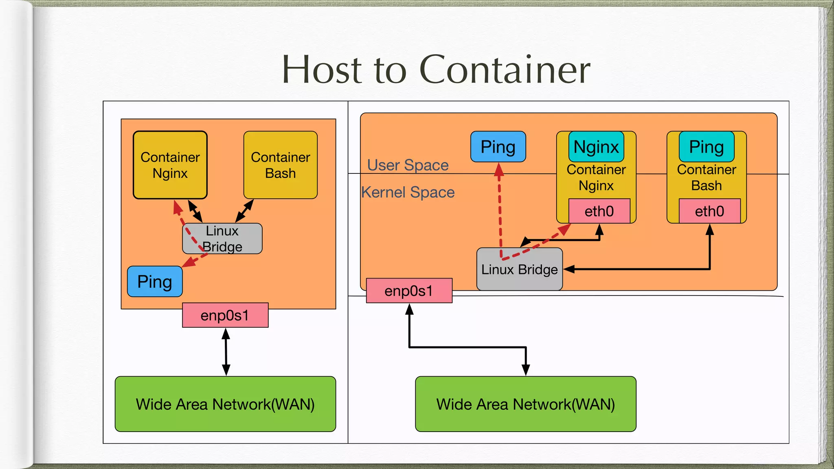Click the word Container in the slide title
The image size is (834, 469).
click(x=505, y=70)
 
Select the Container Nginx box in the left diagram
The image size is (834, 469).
click(x=170, y=165)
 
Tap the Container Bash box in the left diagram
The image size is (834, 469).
click(x=280, y=165)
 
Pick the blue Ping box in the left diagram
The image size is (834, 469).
click(x=155, y=282)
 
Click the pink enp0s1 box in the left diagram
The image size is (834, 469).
click(x=225, y=315)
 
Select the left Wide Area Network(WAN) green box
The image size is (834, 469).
click(x=225, y=404)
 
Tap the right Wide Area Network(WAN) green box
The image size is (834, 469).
click(x=525, y=404)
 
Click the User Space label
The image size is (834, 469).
click(x=408, y=165)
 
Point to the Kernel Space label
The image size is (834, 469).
click(x=408, y=192)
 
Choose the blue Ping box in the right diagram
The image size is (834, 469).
click(x=498, y=147)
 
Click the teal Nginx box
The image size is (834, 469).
click(x=596, y=147)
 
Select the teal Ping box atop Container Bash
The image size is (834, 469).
click(x=707, y=147)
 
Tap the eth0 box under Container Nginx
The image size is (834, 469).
click(x=599, y=211)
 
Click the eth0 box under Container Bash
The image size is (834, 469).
click(x=709, y=211)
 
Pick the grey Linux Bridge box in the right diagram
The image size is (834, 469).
click(x=520, y=270)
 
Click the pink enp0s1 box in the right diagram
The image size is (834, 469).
click(x=409, y=291)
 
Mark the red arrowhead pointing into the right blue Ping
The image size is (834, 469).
click(x=499, y=169)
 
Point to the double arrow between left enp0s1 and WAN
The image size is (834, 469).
click(x=226, y=352)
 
